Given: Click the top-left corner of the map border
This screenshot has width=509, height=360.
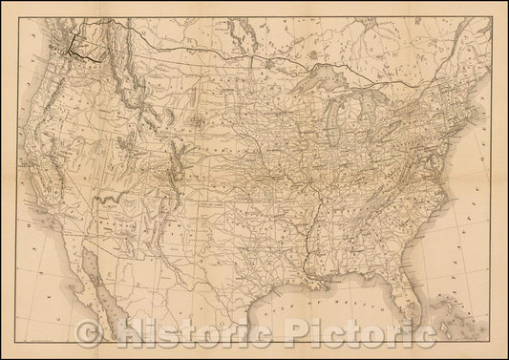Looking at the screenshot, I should point(8,8).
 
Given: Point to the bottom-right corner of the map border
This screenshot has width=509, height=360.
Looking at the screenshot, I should point(500,351).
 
